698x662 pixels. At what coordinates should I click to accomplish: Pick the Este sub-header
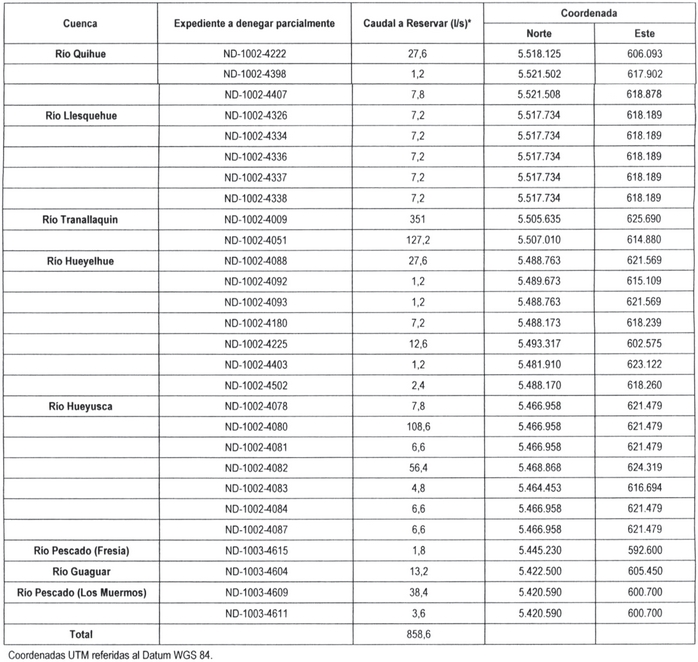click(644, 33)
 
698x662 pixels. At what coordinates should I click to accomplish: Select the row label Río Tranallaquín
click(80, 217)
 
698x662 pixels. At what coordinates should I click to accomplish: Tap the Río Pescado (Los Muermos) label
click(80, 592)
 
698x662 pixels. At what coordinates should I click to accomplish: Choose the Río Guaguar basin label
click(80, 571)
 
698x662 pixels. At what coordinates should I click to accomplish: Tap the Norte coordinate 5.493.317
click(537, 342)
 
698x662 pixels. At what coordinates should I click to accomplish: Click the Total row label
click(80, 634)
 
